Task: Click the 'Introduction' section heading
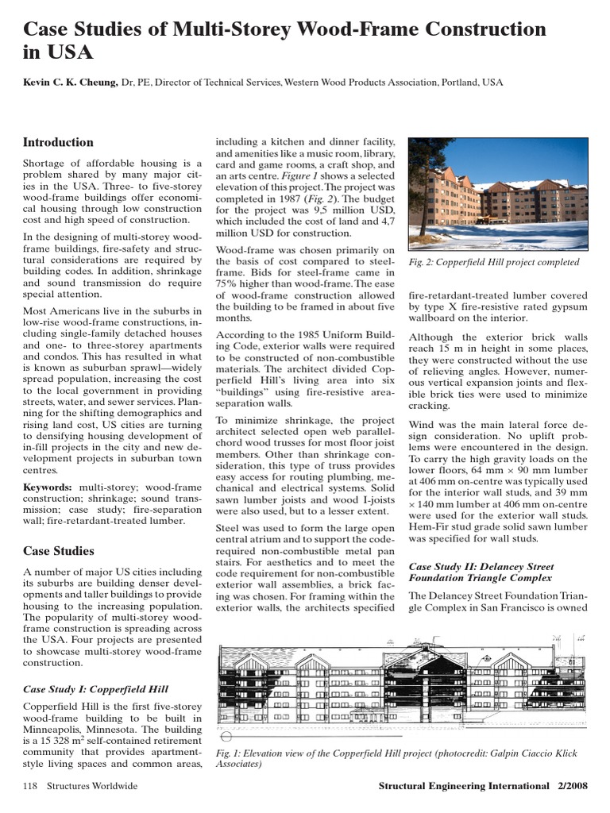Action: tap(58, 143)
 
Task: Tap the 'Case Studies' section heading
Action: tap(58, 551)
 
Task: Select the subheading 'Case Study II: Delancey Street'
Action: tap(480, 567)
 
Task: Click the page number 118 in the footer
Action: tap(31, 786)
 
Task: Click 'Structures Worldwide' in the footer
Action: tap(92, 786)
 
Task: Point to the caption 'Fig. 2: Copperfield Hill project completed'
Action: tap(493, 262)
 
